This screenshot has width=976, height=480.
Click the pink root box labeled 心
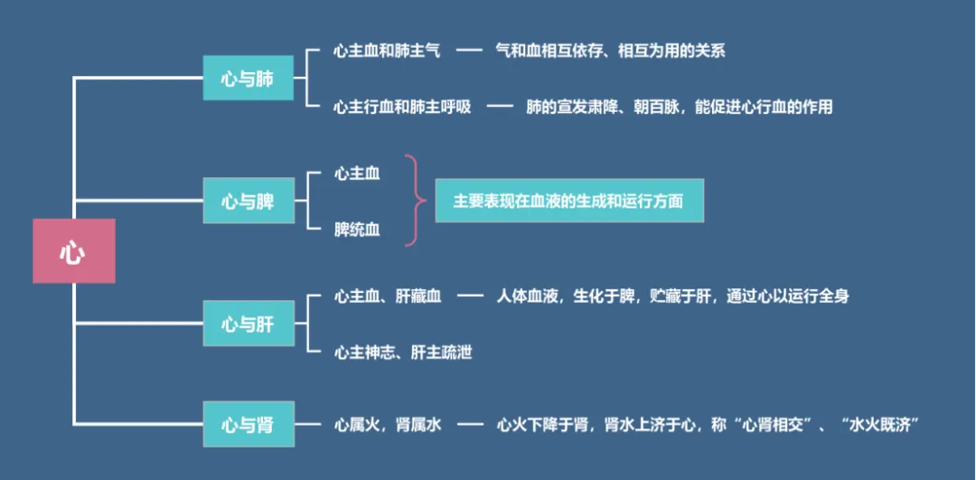73,251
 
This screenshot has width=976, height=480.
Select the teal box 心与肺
248,79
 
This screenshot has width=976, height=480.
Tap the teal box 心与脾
248,201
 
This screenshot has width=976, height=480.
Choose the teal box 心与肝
248,323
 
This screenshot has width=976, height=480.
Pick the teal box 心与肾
248,424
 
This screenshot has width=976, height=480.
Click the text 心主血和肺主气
387,52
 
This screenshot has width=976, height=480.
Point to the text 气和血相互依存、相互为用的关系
610,52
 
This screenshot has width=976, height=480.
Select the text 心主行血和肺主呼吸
402,107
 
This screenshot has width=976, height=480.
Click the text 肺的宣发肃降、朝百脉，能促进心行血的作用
679,107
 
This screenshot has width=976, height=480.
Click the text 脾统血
357,230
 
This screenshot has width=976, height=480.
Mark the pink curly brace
413,201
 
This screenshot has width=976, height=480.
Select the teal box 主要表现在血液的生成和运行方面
569,201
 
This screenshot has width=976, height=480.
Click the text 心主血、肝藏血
388,296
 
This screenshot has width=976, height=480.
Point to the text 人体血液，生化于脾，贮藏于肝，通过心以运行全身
672,296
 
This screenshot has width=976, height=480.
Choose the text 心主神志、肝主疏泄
403,353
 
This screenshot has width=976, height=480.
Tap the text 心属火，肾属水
388,424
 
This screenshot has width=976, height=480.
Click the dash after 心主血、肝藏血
469,296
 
